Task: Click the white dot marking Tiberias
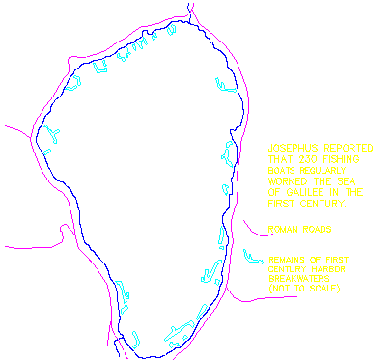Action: click(80, 235)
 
